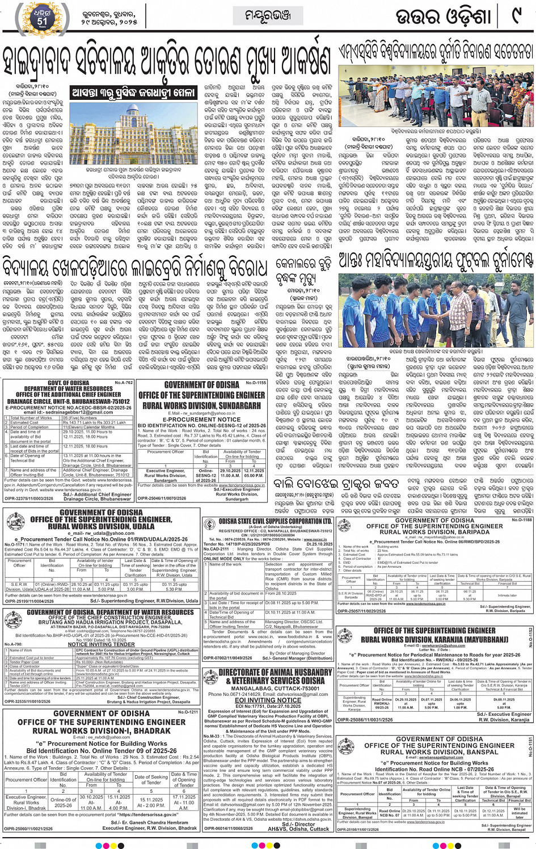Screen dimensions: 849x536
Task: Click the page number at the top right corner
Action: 517,15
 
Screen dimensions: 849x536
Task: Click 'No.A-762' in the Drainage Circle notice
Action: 124,382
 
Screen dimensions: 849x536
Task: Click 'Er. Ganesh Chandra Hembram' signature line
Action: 149,822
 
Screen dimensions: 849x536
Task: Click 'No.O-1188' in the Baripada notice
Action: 522,519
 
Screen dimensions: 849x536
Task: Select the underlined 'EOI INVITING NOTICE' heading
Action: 268,700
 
